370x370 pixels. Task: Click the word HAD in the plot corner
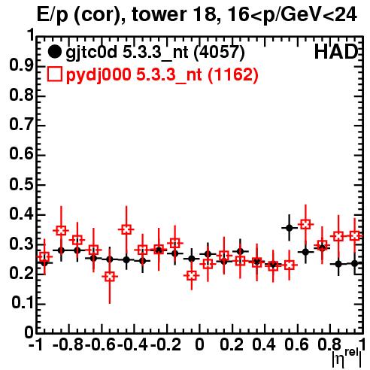[x=336, y=52]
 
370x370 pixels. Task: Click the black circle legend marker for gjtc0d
[x=54, y=52]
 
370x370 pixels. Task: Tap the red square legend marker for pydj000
[x=54, y=74]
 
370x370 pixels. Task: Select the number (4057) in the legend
[x=219, y=52]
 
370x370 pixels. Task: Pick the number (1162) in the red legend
[x=233, y=74]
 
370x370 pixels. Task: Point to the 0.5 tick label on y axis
[x=21, y=185]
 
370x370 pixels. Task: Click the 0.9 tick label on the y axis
[x=21, y=66]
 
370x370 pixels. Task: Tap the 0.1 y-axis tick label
[x=23, y=304]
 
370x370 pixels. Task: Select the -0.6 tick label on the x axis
[x=100, y=345]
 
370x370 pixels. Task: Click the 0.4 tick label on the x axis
[x=264, y=345]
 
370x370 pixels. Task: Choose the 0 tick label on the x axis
[x=199, y=345]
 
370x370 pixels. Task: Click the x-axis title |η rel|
[x=347, y=359]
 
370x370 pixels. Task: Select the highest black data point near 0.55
[x=290, y=228]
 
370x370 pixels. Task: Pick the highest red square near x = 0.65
[x=305, y=224]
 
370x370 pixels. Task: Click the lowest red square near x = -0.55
[x=110, y=277]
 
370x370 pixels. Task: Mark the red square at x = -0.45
[x=126, y=229]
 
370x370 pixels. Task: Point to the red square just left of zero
[x=192, y=276]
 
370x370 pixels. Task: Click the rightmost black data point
[x=354, y=263]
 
